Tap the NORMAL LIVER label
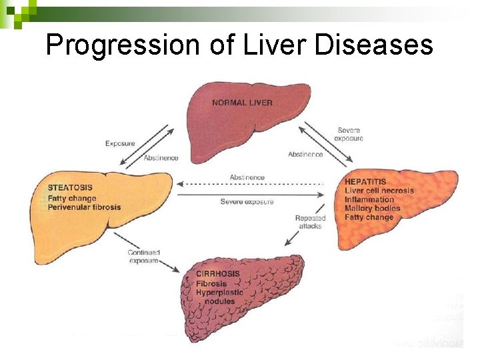pyautogui.click(x=242, y=103)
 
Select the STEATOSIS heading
pyautogui.click(x=70, y=188)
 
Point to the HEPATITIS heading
pyautogui.click(x=365, y=181)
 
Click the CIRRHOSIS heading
pyautogui.click(x=217, y=275)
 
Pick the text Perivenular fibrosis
pyautogui.click(x=84, y=207)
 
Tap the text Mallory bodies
pyautogui.click(x=373, y=209)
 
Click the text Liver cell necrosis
pyautogui.click(x=379, y=191)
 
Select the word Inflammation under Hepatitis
pyautogui.click(x=369, y=199)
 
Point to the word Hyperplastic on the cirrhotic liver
pyautogui.click(x=219, y=293)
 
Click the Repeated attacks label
pyautogui.click(x=310, y=222)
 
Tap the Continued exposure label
pyautogui.click(x=143, y=256)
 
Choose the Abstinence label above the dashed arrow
pyautogui.click(x=247, y=177)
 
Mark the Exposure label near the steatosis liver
pyautogui.click(x=120, y=143)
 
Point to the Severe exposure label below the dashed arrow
pyautogui.click(x=247, y=202)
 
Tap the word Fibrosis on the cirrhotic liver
pyautogui.click(x=211, y=284)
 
